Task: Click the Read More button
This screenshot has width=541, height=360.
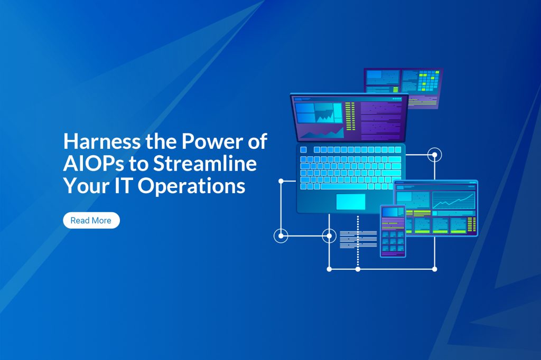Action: coord(91,221)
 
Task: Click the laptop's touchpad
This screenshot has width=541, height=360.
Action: coord(350,201)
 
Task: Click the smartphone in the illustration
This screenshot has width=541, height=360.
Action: coord(393,231)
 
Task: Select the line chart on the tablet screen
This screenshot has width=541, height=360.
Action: coord(453,200)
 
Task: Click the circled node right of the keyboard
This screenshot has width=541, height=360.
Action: coord(434,155)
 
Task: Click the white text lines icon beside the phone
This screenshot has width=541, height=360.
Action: coord(351,239)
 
